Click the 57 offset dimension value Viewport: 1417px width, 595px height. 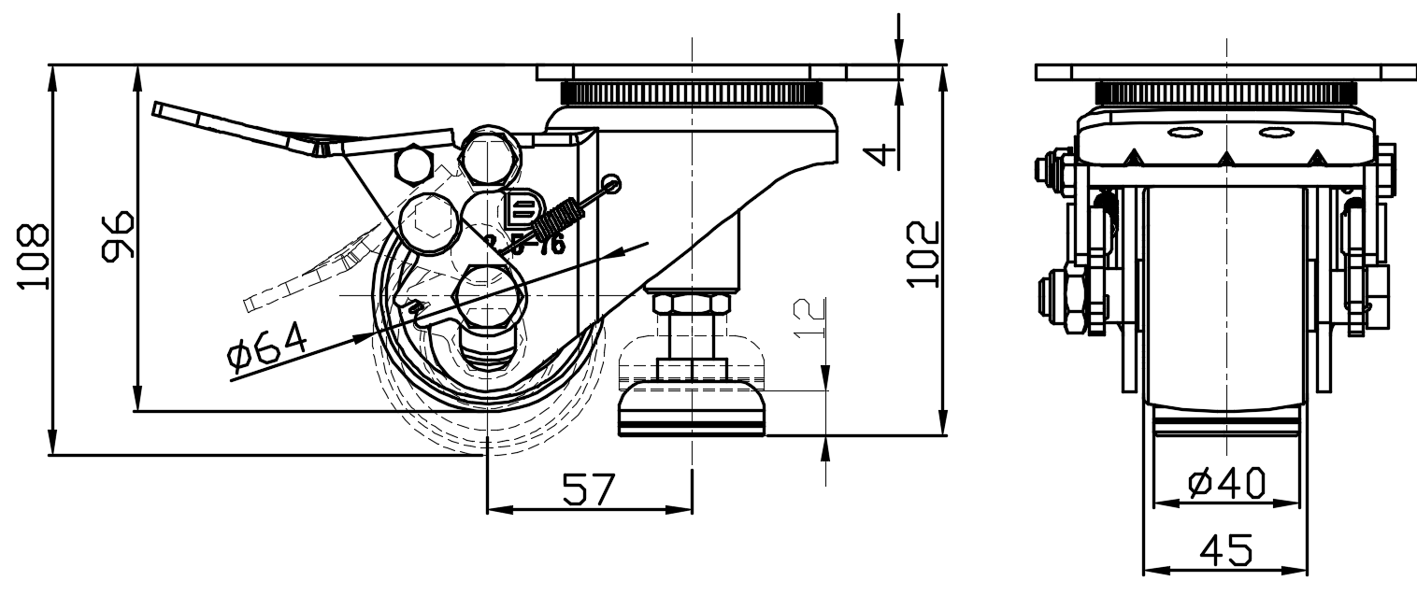[x=589, y=489]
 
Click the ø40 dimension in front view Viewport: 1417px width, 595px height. [x=1227, y=483]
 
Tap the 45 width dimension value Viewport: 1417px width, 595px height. [x=1225, y=552]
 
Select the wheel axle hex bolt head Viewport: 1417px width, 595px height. [x=489, y=293]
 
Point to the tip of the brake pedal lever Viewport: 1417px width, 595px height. [x=159, y=109]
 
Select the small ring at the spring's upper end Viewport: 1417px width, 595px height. [x=611, y=182]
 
